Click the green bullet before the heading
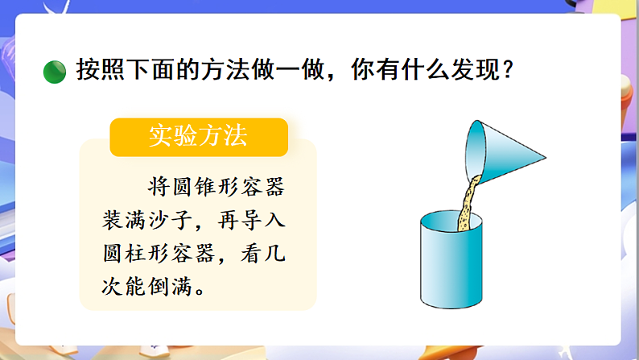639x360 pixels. pyautogui.click(x=53, y=72)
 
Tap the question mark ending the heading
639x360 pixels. pyautogui.click(x=507, y=71)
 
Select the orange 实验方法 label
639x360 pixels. pyautogui.click(x=198, y=137)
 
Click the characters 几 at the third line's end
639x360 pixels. pyautogui.click(x=275, y=253)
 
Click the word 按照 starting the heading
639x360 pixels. pyautogui.click(x=92, y=71)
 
